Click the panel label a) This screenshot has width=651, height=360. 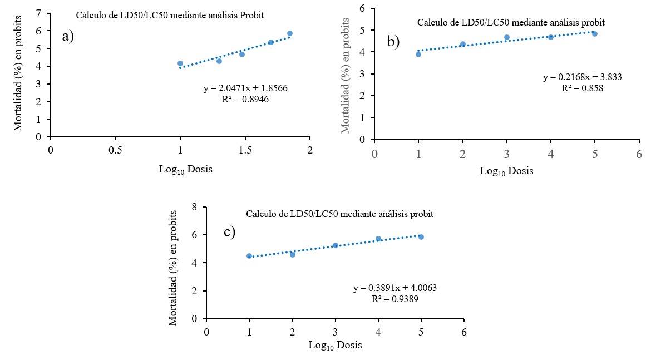(68, 37)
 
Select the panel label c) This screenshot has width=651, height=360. (230, 232)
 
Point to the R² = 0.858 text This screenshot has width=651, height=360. (582, 87)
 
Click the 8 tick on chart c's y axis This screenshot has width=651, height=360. (195, 207)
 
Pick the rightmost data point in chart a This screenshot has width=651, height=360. (290, 33)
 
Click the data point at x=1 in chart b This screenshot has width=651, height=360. (418, 54)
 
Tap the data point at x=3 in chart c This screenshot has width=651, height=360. (336, 245)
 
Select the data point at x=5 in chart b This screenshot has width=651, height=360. (595, 34)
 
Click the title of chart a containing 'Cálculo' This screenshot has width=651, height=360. (170, 16)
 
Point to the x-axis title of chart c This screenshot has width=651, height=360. (335, 346)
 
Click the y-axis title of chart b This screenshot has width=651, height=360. (346, 81)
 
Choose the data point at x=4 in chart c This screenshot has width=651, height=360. (378, 239)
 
